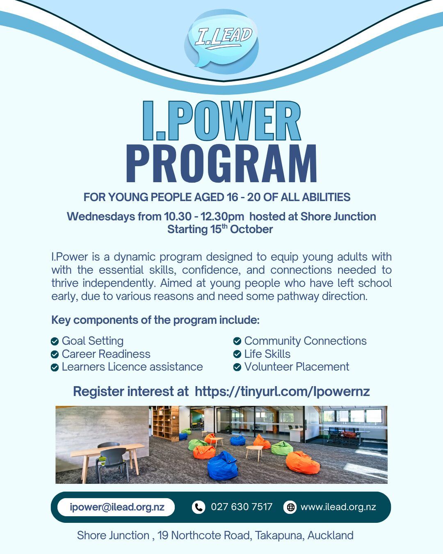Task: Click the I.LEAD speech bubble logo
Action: pyautogui.click(x=222, y=39)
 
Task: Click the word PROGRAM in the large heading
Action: pyautogui.click(x=221, y=163)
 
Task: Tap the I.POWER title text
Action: pyautogui.click(x=221, y=121)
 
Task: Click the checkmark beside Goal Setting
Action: pyautogui.click(x=55, y=341)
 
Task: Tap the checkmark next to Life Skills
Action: pyautogui.click(x=237, y=354)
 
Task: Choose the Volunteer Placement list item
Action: pyautogui.click(x=296, y=367)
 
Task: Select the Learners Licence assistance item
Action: pyautogui.click(x=132, y=367)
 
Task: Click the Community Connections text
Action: pyautogui.click(x=305, y=341)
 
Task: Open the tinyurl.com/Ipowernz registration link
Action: pyautogui.click(x=282, y=391)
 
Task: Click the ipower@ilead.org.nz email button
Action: pyautogui.click(x=116, y=507)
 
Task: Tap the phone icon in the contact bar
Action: pyautogui.click(x=199, y=507)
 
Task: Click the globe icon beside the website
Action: pyautogui.click(x=290, y=507)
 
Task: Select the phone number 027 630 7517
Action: pyautogui.click(x=242, y=507)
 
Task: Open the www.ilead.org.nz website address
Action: pyautogui.click(x=338, y=507)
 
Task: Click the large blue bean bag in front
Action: pyautogui.click(x=222, y=466)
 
